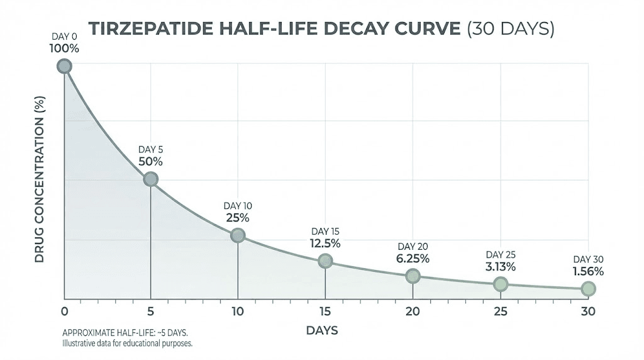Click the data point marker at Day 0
pyautogui.click(x=64, y=66)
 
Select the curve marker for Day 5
pyautogui.click(x=151, y=179)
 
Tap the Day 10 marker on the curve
pyautogui.click(x=238, y=235)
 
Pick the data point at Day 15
pyautogui.click(x=325, y=261)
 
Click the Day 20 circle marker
pyautogui.click(x=413, y=276)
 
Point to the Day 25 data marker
pyautogui.click(x=500, y=284)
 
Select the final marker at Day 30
pyautogui.click(x=587, y=288)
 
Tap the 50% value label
pyautogui.click(x=151, y=162)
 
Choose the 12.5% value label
pyautogui.click(x=325, y=243)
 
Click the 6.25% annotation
pyautogui.click(x=413, y=259)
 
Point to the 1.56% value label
pyautogui.click(x=588, y=272)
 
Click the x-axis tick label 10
pyautogui.click(x=238, y=312)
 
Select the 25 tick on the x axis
pyautogui.click(x=500, y=312)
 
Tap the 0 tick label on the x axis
pyautogui.click(x=64, y=312)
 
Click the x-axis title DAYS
pyautogui.click(x=324, y=330)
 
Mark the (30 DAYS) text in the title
pyautogui.click(x=510, y=30)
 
